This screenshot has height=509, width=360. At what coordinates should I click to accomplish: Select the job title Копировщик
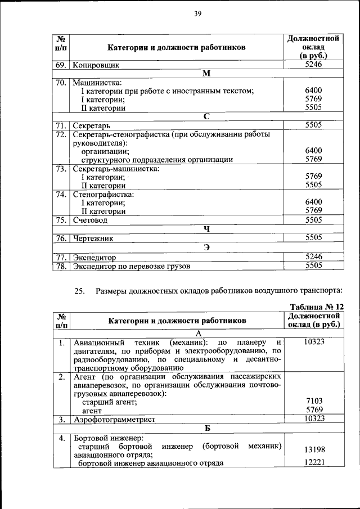click(x=96, y=65)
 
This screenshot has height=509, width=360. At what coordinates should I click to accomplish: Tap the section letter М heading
click(x=206, y=74)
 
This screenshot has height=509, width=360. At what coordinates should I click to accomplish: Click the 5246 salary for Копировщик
click(x=313, y=65)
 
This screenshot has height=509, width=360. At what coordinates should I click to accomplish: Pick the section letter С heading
click(x=206, y=116)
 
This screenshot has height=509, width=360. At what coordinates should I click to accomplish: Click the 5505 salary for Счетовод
click(x=313, y=220)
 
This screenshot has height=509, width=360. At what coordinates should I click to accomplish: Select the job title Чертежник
click(x=93, y=238)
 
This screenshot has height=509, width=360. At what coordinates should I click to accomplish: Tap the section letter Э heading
click(x=206, y=247)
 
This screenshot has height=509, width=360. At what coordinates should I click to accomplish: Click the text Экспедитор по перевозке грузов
click(x=132, y=265)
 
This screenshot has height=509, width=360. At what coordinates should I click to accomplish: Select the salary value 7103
click(x=313, y=400)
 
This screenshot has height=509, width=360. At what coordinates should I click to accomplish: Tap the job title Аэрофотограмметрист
click(x=114, y=419)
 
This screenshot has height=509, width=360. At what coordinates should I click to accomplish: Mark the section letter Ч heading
click(x=206, y=229)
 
